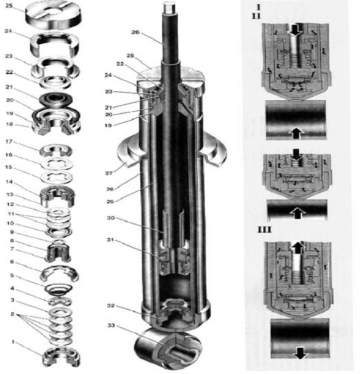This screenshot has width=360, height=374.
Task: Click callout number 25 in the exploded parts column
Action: pyautogui.click(x=9, y=5)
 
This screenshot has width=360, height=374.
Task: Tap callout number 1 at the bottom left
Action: pyautogui.click(x=13, y=342)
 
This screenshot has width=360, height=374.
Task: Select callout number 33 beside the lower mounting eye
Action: pyautogui.click(x=111, y=325)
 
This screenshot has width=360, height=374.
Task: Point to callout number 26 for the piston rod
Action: pyautogui.click(x=135, y=32)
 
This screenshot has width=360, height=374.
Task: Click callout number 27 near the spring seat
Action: pyautogui.click(x=109, y=173)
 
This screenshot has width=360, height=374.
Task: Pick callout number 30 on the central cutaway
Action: pyautogui.click(x=111, y=218)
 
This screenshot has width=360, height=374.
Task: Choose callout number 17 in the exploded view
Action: pyautogui.click(x=9, y=141)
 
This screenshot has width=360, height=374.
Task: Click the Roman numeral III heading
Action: pyautogui.click(x=265, y=230)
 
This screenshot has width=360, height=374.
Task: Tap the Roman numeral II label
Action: pyautogui.click(x=256, y=16)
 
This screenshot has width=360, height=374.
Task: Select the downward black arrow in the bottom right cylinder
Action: pyautogui.click(x=300, y=353)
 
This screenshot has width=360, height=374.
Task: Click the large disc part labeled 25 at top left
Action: pyautogui.click(x=54, y=15)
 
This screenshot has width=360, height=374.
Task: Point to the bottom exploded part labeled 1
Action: pyautogui.click(x=60, y=357)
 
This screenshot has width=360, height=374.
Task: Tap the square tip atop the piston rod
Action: pyautogui.click(x=169, y=7)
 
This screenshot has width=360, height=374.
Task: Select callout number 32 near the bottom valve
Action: pyautogui.click(x=111, y=305)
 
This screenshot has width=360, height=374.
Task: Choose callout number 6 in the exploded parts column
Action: pyautogui.click(x=12, y=261)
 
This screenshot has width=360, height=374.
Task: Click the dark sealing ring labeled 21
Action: pyautogui.click(x=56, y=99)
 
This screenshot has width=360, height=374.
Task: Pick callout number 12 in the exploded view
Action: pyautogui.click(x=10, y=204)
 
